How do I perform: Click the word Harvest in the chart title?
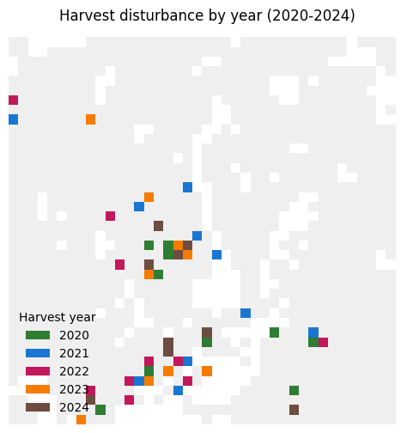click(x=88, y=15)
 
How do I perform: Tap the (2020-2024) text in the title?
click(x=311, y=15)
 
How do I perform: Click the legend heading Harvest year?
click(x=58, y=317)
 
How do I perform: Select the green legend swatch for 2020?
click(x=38, y=335)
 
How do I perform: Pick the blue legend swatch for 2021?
click(x=38, y=353)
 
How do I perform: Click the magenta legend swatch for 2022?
click(x=38, y=371)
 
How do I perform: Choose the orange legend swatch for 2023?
click(x=38, y=389)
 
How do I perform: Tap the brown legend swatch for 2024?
click(x=38, y=407)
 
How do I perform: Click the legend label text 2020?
click(x=74, y=335)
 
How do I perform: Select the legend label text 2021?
click(x=74, y=353)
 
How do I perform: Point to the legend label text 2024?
click(x=74, y=407)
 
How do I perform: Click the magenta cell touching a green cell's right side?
click(x=323, y=342)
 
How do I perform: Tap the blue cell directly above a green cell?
click(x=313, y=332)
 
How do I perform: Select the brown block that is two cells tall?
click(x=168, y=347)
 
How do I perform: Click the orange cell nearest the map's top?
click(x=91, y=119)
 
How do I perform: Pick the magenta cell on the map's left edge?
click(x=14, y=101)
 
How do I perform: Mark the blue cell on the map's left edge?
click(x=14, y=119)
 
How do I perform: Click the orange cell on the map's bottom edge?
click(x=81, y=419)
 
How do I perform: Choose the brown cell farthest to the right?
click(x=295, y=410)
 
